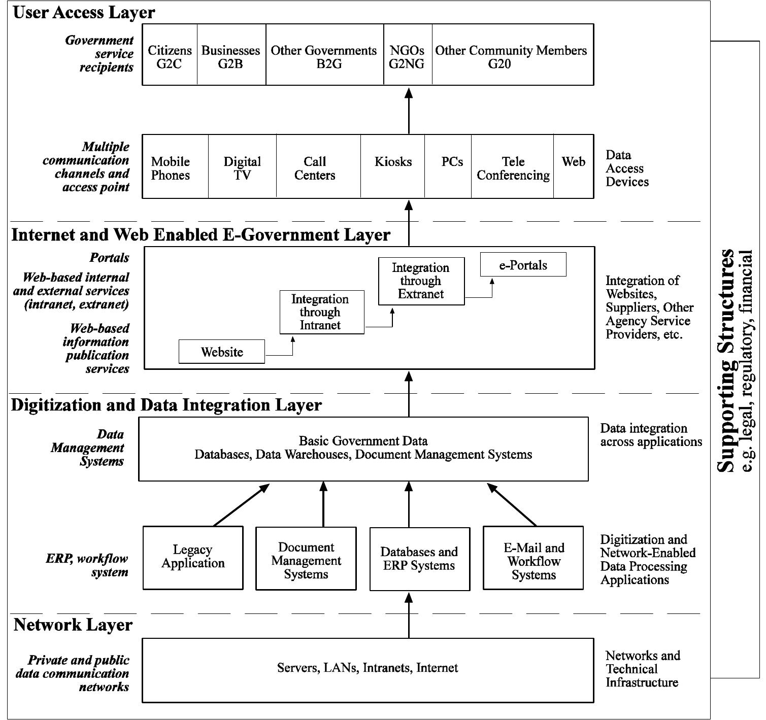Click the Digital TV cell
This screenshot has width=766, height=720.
(242, 167)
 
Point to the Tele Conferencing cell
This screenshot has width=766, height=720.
(513, 167)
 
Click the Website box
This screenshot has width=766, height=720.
(222, 352)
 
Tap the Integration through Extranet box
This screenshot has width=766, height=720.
(421, 281)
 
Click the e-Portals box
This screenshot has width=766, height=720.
(523, 264)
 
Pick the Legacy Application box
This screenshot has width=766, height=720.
(193, 557)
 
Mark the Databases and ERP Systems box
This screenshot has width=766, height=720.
(419, 559)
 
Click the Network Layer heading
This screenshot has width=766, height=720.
(73, 625)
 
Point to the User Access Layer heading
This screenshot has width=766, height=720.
(84, 12)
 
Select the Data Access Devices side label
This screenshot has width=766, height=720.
(627, 168)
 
